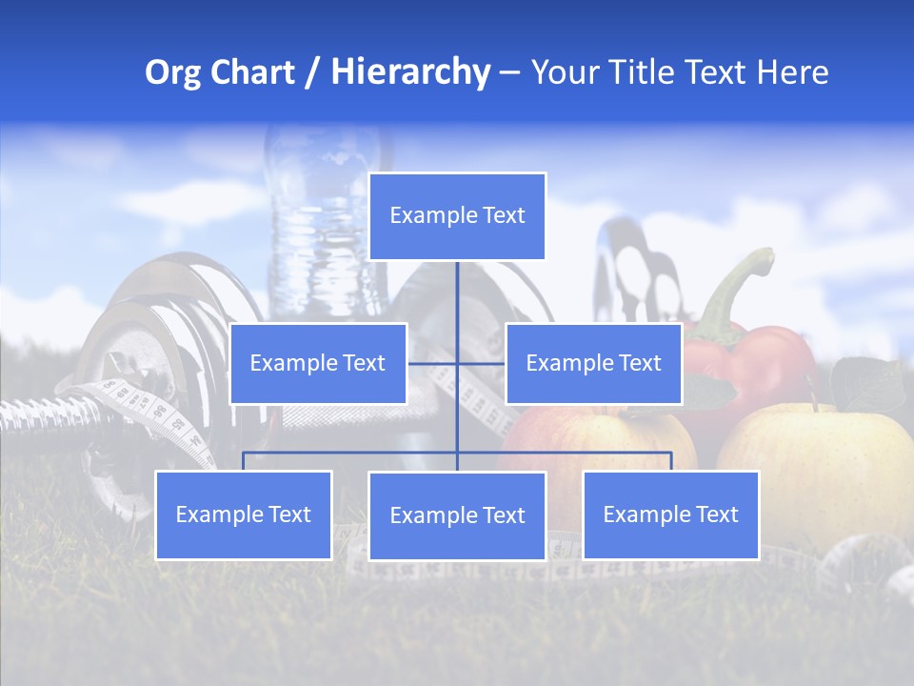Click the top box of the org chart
pyautogui.click(x=457, y=216)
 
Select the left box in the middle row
pyautogui.click(x=318, y=363)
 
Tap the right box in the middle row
pyautogui.click(x=593, y=363)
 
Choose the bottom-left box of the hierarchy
pyautogui.click(x=243, y=514)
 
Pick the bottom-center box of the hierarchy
pyautogui.click(x=457, y=515)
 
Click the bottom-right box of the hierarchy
pyautogui.click(x=670, y=514)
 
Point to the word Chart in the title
pyautogui.click(x=252, y=72)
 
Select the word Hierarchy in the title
pyautogui.click(x=409, y=72)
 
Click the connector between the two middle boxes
pyautogui.click(x=456, y=363)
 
